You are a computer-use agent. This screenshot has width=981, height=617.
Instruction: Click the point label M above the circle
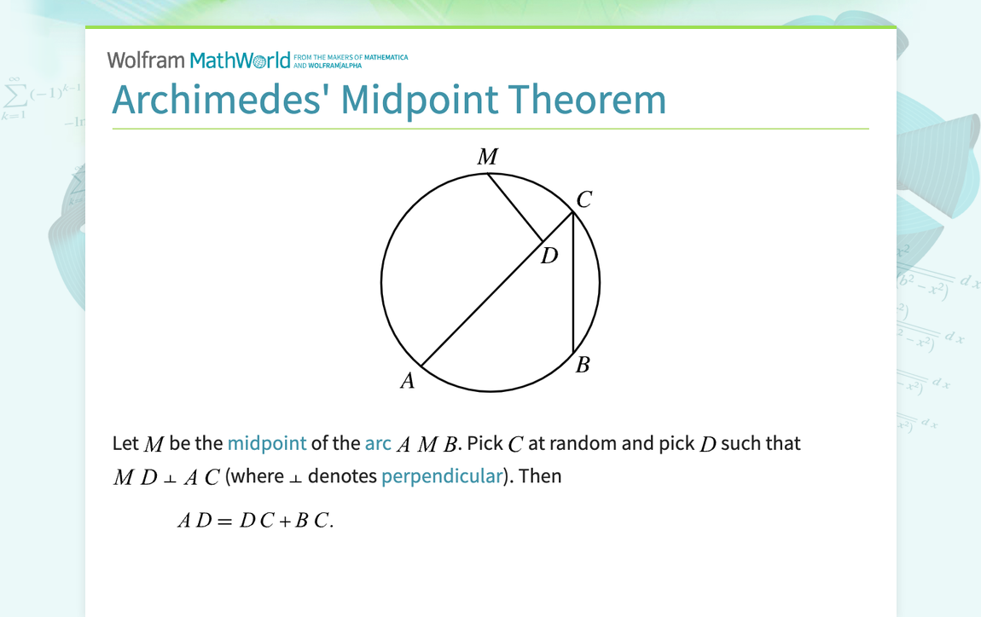click(x=487, y=157)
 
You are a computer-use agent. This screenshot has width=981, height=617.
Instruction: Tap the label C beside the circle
click(x=583, y=199)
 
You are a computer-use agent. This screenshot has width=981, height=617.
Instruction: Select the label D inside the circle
click(x=549, y=255)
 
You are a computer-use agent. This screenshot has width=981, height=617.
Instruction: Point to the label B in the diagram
click(x=583, y=366)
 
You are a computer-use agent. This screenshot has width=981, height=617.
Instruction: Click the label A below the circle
click(x=408, y=381)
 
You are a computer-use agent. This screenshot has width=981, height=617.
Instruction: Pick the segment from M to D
click(x=515, y=208)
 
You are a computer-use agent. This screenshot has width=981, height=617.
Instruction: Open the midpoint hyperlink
click(x=266, y=443)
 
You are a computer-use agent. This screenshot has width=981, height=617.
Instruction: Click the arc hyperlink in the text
click(x=378, y=443)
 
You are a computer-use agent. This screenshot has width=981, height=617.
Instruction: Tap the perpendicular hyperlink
click(x=442, y=476)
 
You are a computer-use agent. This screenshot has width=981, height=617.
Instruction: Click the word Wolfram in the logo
click(x=146, y=60)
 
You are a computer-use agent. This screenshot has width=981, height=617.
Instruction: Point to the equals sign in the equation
click(x=224, y=522)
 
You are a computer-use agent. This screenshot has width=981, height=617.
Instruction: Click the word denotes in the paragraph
click(x=341, y=476)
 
